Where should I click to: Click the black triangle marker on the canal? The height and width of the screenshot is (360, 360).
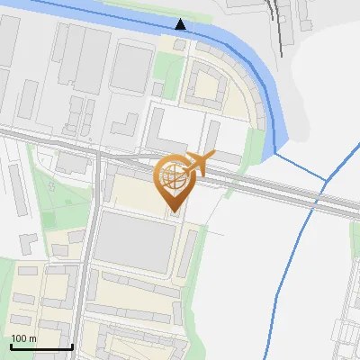pyautogui.click(x=181, y=24)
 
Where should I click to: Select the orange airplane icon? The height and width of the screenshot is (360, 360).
pyautogui.click(x=201, y=164)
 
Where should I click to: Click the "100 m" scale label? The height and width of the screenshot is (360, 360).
pyautogui.click(x=23, y=338)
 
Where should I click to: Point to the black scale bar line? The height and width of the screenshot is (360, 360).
pyautogui.click(x=41, y=346)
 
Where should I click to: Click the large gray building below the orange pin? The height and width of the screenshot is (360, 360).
pyautogui.click(x=136, y=241)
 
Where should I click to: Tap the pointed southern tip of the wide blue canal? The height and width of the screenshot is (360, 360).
pyautogui.click(x=274, y=152)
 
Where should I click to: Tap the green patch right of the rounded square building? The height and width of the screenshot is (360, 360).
pyautogui.click(x=168, y=67)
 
